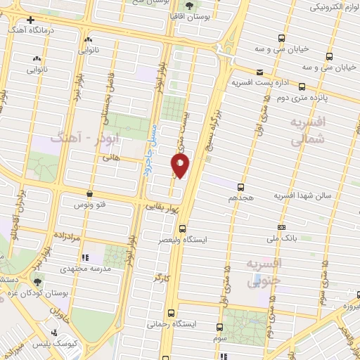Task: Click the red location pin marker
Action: click(180, 165)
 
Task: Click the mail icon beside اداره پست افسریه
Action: click(259, 72)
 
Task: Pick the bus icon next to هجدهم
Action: click(241, 187)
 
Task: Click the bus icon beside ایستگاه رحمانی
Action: click(171, 313)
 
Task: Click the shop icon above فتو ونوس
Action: click(89, 193)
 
